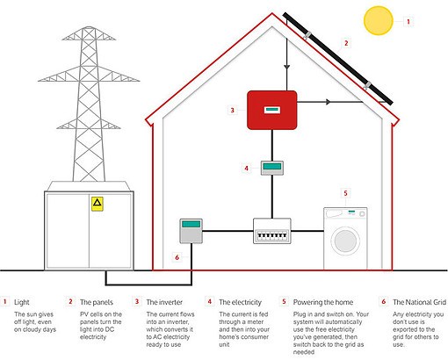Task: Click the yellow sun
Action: (x=379, y=21)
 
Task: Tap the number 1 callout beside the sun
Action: (x=408, y=21)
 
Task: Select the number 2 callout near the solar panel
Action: (x=346, y=43)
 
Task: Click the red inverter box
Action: (x=272, y=110)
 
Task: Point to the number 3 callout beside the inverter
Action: (x=233, y=111)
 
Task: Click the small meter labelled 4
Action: (x=272, y=168)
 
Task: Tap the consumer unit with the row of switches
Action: (x=272, y=231)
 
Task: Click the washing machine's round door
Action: (x=345, y=241)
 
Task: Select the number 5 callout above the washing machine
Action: (x=345, y=193)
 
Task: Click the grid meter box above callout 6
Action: (x=191, y=231)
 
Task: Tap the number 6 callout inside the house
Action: (x=177, y=257)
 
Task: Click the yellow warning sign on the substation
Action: (x=98, y=204)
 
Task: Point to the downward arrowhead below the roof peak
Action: (x=286, y=68)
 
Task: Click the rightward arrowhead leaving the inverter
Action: (x=329, y=102)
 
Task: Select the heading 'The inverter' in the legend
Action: (x=164, y=302)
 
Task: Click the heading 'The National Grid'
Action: (x=420, y=302)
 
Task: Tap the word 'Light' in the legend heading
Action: (x=22, y=302)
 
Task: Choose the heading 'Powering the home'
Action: (x=323, y=302)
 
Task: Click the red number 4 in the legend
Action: (x=209, y=301)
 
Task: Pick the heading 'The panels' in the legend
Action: (x=97, y=302)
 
